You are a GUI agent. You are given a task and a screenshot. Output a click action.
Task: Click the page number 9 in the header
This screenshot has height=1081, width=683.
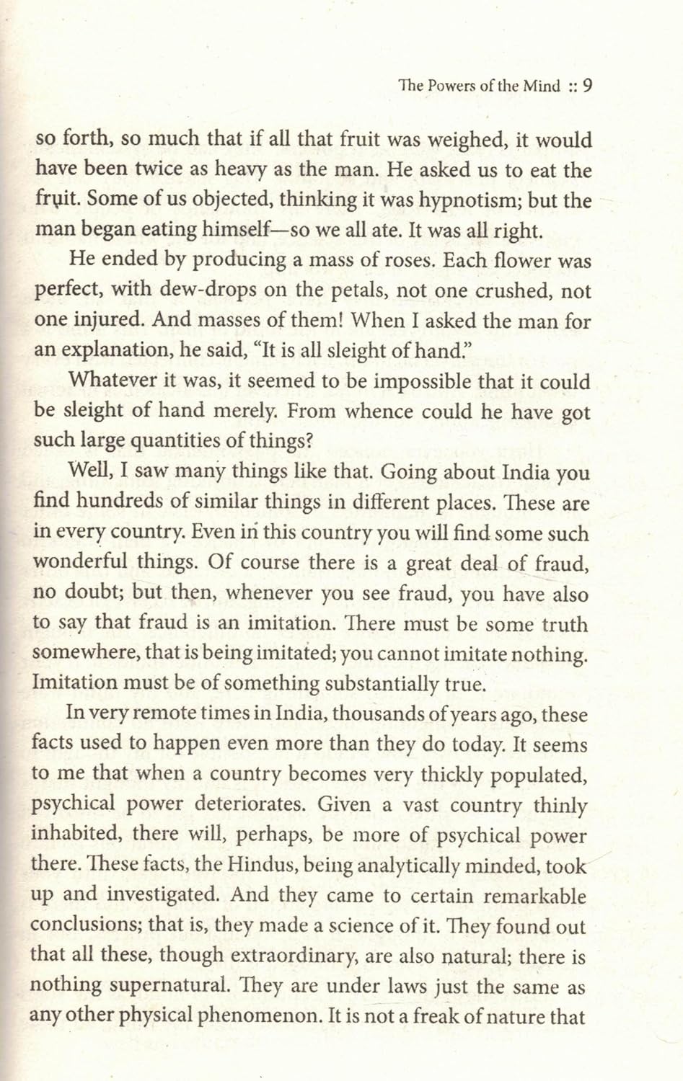[x=587, y=86]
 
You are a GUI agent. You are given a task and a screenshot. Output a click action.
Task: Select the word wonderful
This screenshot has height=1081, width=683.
[x=84, y=564]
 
